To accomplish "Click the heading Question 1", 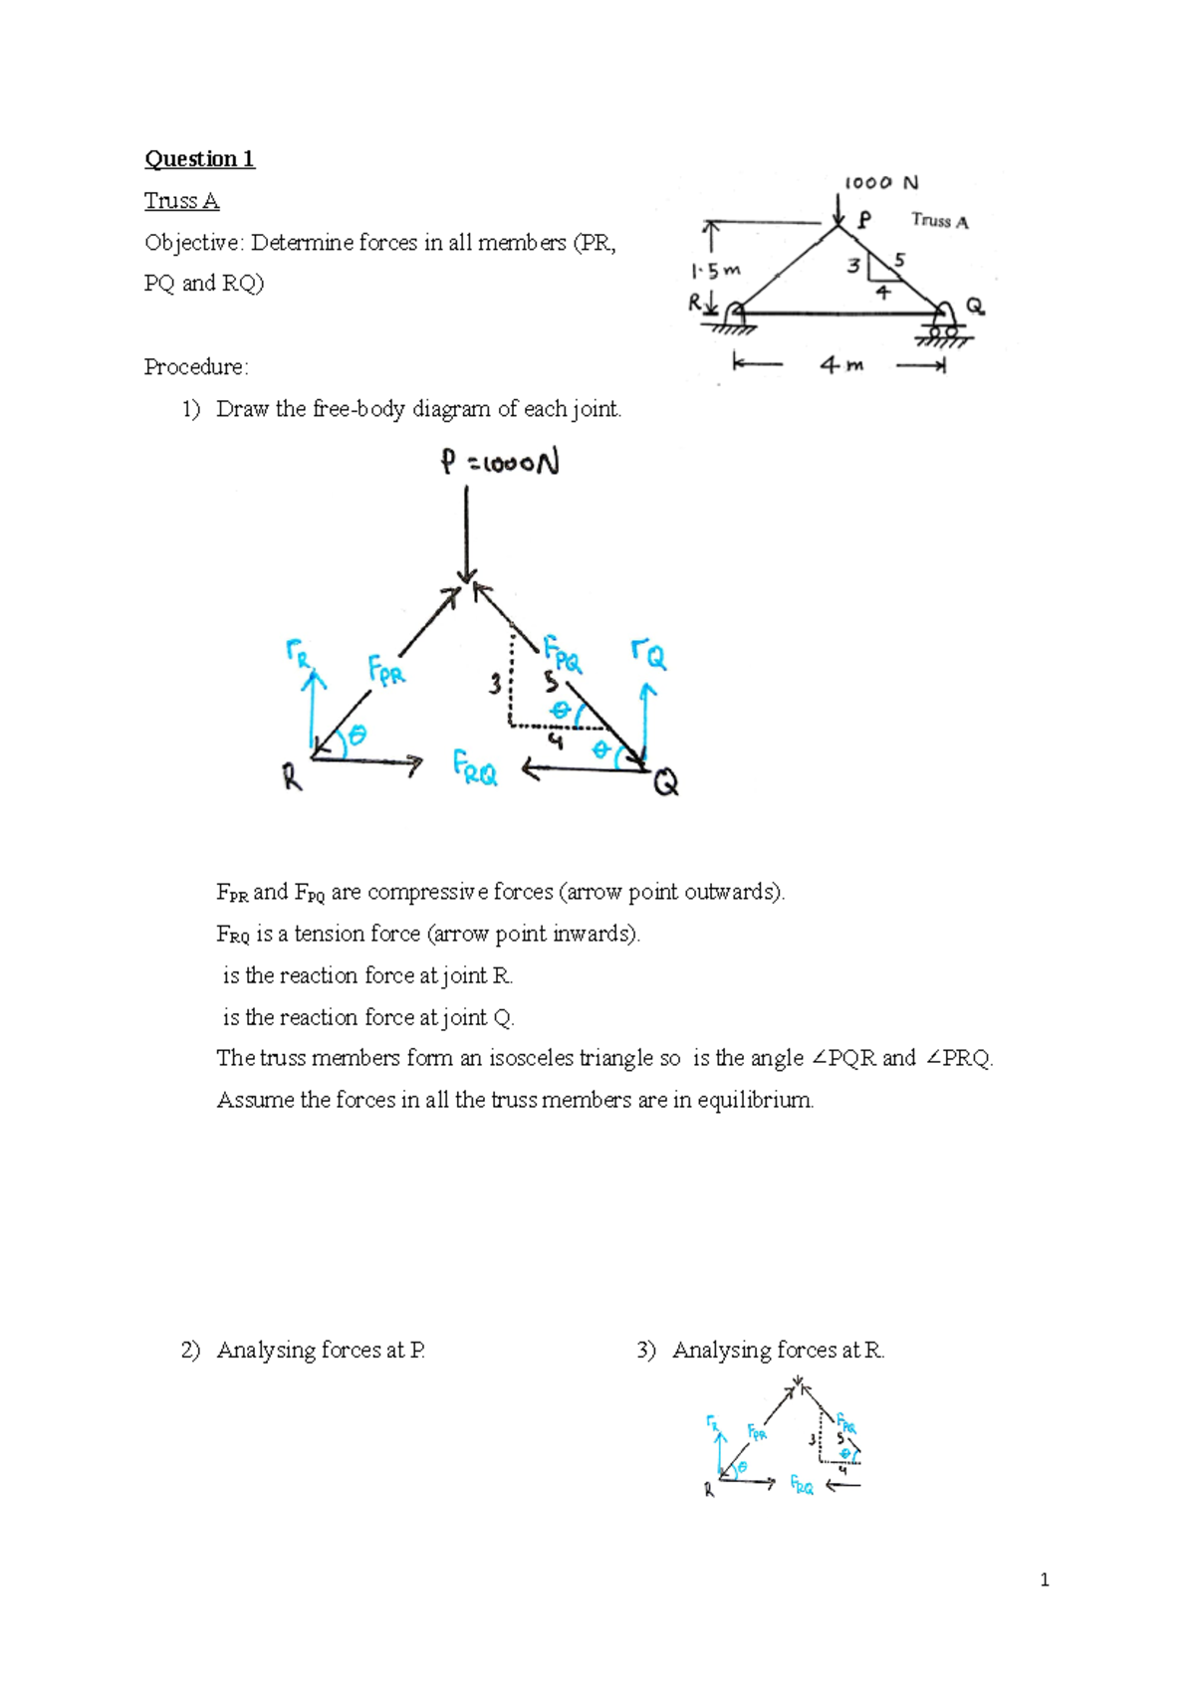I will (199, 159).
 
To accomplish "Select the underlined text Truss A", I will (181, 201).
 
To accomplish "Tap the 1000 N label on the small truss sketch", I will (880, 183).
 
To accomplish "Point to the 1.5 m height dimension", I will (715, 270).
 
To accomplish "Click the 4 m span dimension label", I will (841, 365).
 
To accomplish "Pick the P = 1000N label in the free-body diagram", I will (500, 463).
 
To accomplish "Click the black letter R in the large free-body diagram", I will (292, 776).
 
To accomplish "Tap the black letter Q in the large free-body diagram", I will (665, 784).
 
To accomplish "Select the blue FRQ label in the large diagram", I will (475, 768).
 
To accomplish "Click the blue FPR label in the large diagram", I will (386, 671).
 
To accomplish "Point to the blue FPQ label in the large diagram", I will (563, 654).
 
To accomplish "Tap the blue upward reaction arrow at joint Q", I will (648, 717).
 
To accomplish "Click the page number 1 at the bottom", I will (1044, 1580).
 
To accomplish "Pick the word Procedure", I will (195, 367).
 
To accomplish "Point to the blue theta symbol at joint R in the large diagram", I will (357, 736).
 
